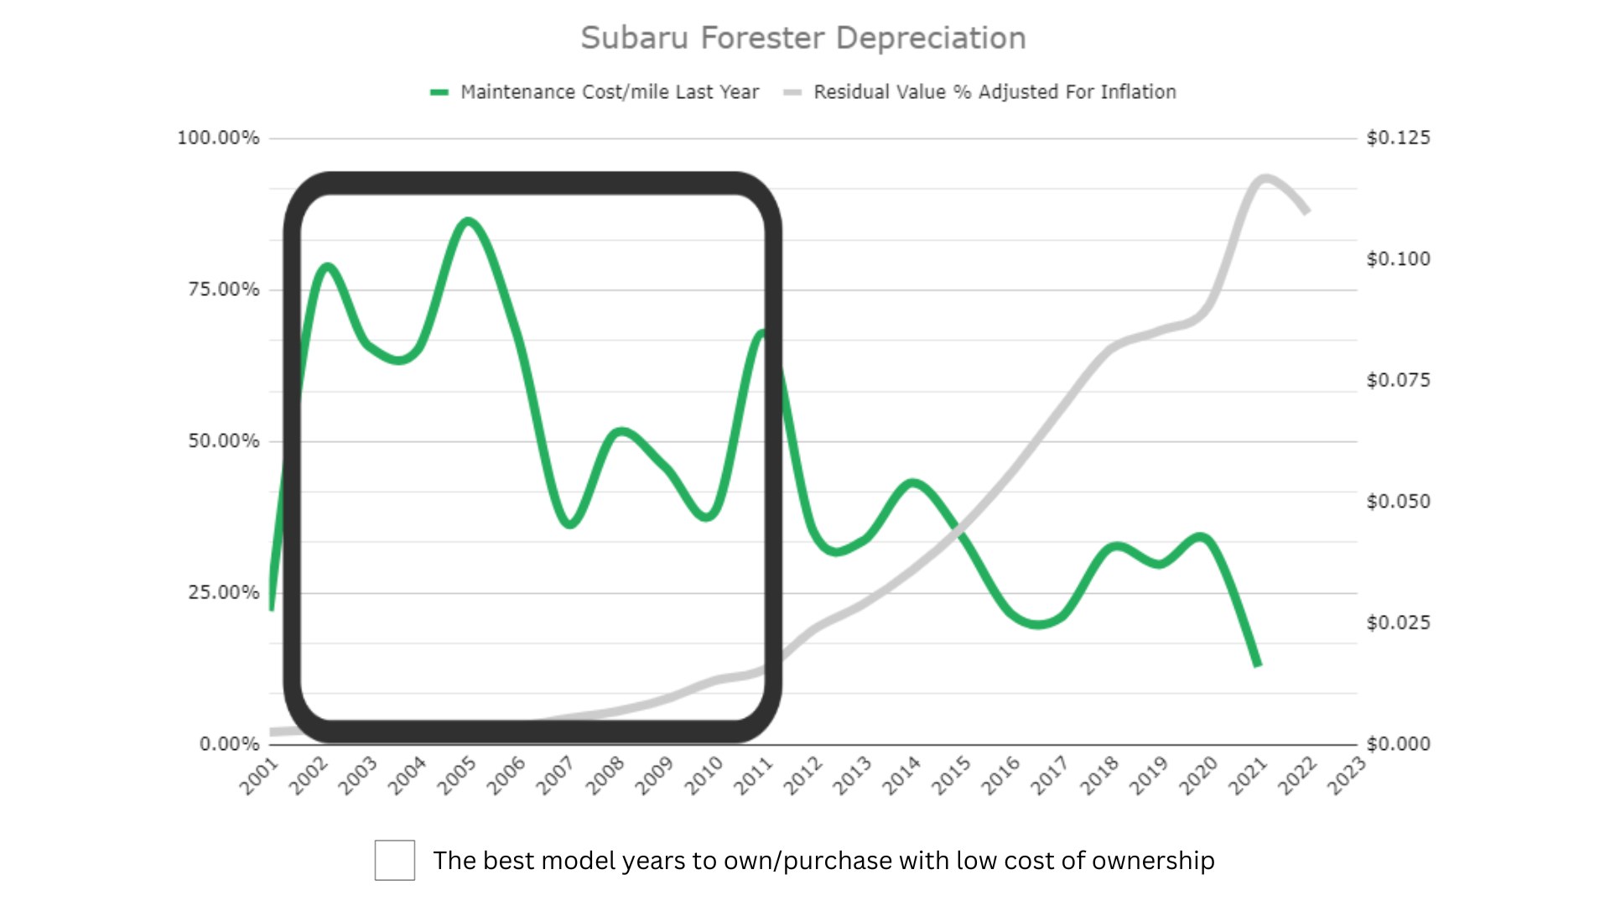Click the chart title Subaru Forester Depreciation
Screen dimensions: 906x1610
(802, 39)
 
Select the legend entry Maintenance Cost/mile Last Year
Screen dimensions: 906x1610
(609, 92)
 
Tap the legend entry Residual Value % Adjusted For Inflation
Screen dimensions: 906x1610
(994, 92)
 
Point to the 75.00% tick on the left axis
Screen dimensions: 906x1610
(223, 289)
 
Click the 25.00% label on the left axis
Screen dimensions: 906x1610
(223, 592)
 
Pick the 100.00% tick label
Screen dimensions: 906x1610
(218, 138)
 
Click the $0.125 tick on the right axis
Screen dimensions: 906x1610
(1398, 138)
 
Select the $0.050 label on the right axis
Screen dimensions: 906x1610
(1398, 502)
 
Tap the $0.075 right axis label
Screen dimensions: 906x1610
(1398, 380)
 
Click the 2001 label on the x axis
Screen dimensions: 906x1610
(259, 775)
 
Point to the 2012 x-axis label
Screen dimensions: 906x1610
(802, 775)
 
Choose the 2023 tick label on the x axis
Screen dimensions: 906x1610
(1346, 775)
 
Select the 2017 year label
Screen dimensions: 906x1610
(1049, 775)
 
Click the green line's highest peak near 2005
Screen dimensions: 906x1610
(468, 221)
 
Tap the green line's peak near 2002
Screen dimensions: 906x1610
(327, 267)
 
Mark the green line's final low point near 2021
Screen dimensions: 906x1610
(1257, 664)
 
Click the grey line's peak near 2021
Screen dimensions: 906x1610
(1265, 179)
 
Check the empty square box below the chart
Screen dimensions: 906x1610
(394, 860)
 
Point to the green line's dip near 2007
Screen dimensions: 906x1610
(570, 524)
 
